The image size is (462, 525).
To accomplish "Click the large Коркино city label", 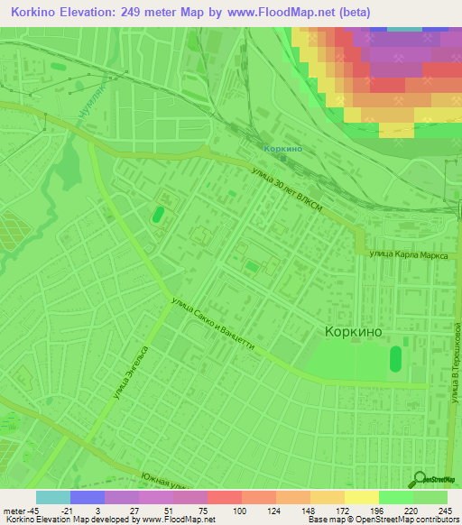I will pos(353,332).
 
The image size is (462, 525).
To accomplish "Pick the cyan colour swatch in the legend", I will pos(53,497).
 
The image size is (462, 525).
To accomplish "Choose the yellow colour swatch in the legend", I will pos(361,497).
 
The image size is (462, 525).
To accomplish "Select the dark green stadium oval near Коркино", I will pos(395,360).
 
